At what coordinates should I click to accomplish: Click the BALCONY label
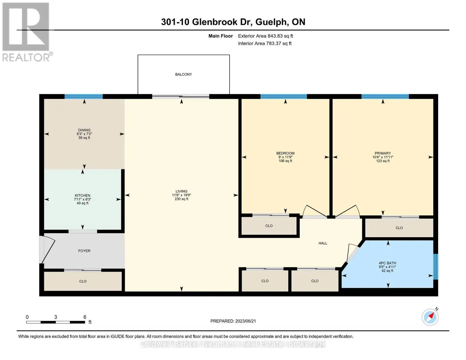click(x=183, y=74)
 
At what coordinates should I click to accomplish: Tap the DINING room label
click(x=84, y=130)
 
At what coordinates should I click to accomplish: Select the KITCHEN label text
click(x=82, y=196)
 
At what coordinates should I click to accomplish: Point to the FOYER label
click(x=84, y=251)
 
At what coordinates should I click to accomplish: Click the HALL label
click(x=323, y=243)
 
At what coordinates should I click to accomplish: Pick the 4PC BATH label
click(x=387, y=263)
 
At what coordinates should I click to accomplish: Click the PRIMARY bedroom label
click(x=383, y=153)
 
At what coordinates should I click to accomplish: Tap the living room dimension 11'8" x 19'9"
click(x=182, y=195)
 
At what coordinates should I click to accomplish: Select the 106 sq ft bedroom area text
click(x=285, y=161)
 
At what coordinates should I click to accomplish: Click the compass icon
click(x=430, y=317)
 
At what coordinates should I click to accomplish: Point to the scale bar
click(x=56, y=322)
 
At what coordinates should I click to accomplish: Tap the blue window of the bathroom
click(x=435, y=267)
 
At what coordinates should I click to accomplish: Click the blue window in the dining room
click(x=84, y=97)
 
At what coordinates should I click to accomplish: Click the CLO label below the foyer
click(x=83, y=281)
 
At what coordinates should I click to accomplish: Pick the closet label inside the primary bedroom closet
click(x=399, y=228)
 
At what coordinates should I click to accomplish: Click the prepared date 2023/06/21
click(x=245, y=321)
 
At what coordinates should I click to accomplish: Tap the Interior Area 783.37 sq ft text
click(x=265, y=43)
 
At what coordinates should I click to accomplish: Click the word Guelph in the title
click(x=271, y=22)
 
